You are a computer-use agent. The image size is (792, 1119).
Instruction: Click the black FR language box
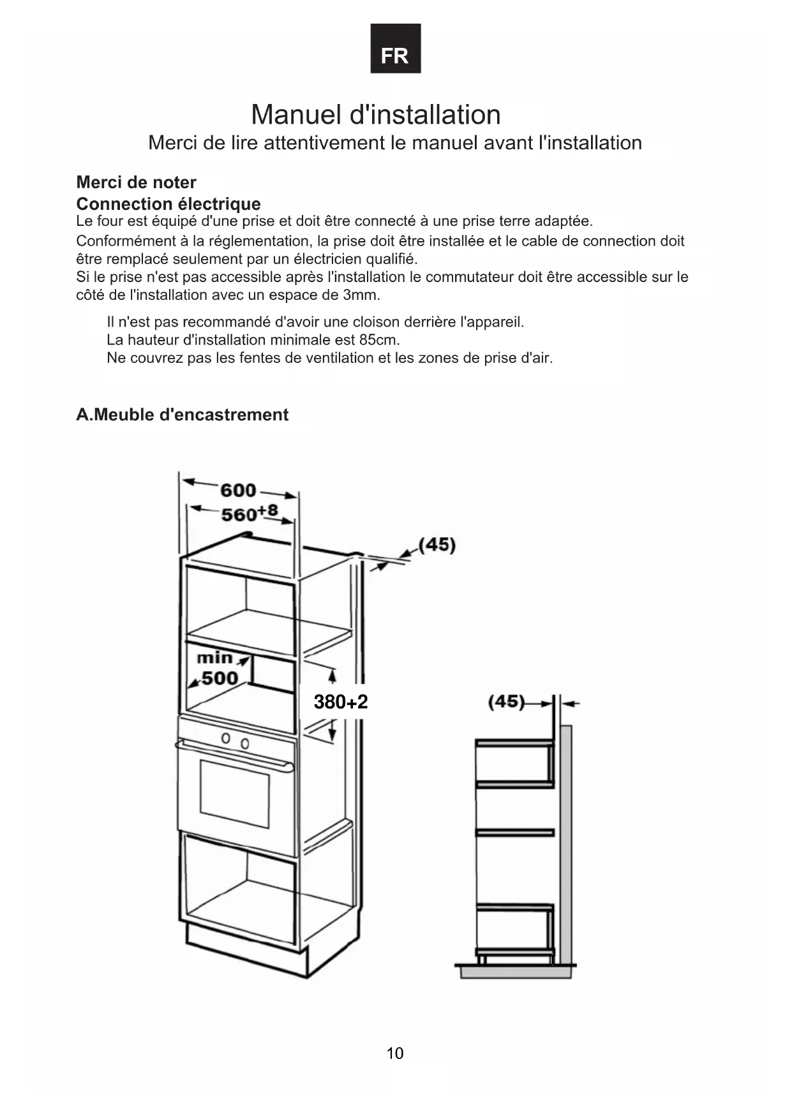395,49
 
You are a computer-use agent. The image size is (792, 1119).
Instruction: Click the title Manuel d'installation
375,115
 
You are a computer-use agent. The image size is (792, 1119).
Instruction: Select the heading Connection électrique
168,204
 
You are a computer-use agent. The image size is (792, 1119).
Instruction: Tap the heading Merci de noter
136,182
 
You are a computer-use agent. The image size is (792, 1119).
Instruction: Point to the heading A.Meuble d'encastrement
182,415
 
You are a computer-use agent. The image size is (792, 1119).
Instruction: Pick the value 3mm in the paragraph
361,295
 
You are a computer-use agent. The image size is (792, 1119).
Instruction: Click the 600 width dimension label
238,490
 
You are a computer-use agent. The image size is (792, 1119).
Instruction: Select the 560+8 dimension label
249,513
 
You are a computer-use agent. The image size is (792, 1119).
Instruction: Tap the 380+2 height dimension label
341,702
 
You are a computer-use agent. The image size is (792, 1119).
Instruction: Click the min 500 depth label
216,668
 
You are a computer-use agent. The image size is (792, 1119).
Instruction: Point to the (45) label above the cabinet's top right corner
437,545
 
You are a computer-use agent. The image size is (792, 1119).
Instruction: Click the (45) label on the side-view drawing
506,702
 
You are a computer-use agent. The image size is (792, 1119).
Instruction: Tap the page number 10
395,1053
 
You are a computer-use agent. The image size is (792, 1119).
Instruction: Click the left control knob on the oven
225,739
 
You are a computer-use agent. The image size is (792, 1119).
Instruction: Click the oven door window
234,794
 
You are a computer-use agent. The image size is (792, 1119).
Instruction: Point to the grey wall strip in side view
565,842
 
